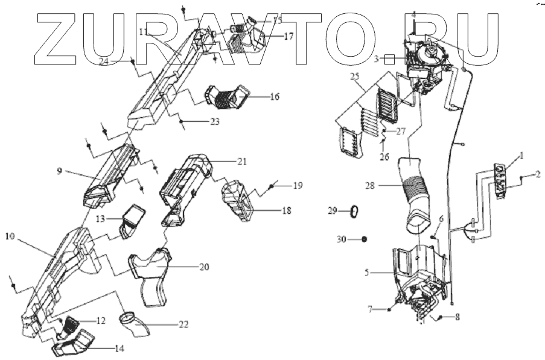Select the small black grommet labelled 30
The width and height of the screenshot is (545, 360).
coord(365,239)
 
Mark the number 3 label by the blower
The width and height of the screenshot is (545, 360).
coord(375,60)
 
